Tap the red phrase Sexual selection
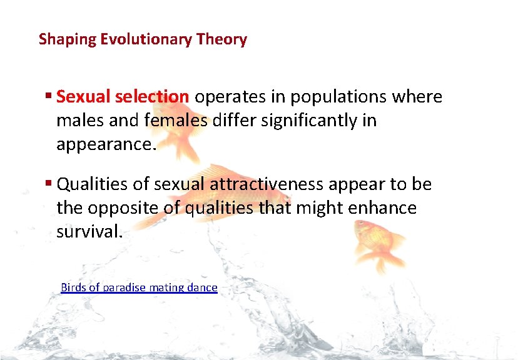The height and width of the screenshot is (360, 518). (123, 97)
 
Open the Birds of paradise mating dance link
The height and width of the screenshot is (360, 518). (139, 287)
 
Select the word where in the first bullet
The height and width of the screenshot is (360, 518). (418, 97)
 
